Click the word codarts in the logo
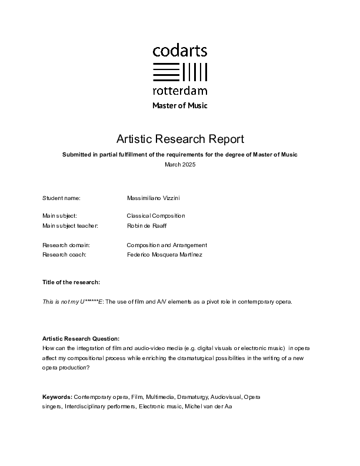pyautogui.click(x=179, y=51)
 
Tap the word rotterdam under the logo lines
pyautogui.click(x=179, y=91)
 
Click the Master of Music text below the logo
pyautogui.click(x=180, y=106)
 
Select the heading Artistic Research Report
pyautogui.click(x=180, y=139)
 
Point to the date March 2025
pyautogui.click(x=180, y=165)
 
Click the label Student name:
pyautogui.click(x=61, y=198)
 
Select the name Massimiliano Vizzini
pyautogui.click(x=155, y=198)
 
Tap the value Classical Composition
pyautogui.click(x=156, y=216)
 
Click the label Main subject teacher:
pyautogui.click(x=70, y=225)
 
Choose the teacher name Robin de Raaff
pyautogui.click(x=146, y=225)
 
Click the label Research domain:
pyautogui.click(x=66, y=245)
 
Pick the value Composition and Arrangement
pyautogui.click(x=166, y=245)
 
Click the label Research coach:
pyautogui.click(x=64, y=254)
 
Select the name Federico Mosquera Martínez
pyautogui.click(x=164, y=254)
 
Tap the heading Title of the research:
pyautogui.click(x=71, y=282)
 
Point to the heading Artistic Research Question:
pyautogui.click(x=81, y=339)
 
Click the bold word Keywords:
pyautogui.click(x=57, y=397)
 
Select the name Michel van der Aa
pyautogui.click(x=209, y=406)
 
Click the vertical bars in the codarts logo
pyautogui.click(x=195, y=72)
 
